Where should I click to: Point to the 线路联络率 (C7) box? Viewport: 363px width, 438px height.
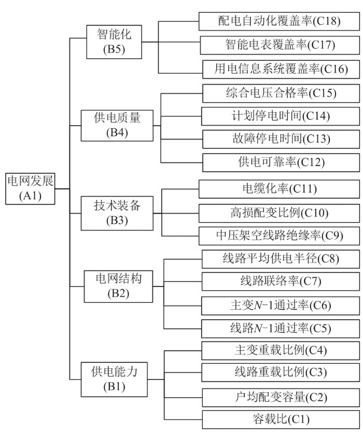coord(275,281)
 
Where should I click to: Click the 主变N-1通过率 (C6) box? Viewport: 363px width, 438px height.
coord(275,305)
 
